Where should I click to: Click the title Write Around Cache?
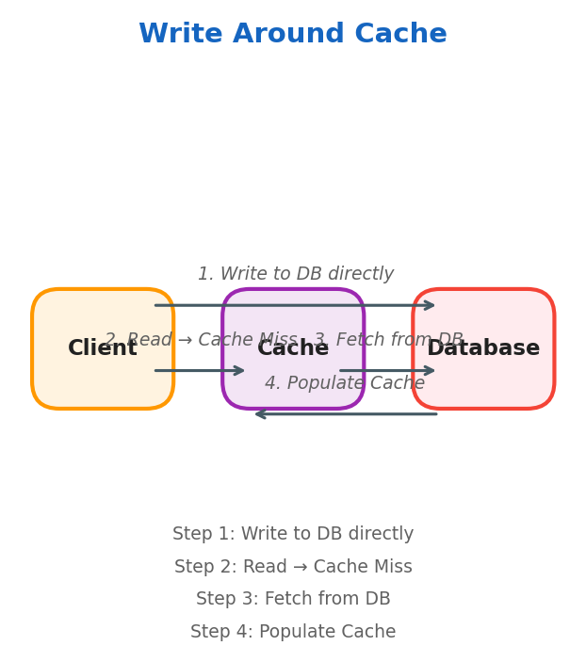[x=293, y=35]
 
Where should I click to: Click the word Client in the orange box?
[x=102, y=348]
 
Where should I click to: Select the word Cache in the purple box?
[x=293, y=348]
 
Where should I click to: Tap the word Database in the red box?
[x=483, y=348]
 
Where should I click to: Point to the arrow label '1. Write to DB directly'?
[x=296, y=274]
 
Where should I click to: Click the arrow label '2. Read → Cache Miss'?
[x=201, y=340]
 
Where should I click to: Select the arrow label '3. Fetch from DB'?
[x=388, y=340]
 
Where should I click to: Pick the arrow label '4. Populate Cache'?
[x=345, y=383]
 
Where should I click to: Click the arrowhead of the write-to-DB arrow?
[x=430, y=305]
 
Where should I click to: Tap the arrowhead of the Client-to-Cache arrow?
[x=239, y=371]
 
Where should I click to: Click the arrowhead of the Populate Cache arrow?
[x=260, y=414]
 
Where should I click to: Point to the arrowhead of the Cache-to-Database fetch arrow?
[x=430, y=371]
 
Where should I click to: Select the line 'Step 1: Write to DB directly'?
[x=293, y=534]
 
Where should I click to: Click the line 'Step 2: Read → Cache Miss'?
[x=293, y=567]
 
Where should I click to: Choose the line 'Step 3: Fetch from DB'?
[x=293, y=599]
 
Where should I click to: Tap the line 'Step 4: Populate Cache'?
[x=293, y=632]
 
